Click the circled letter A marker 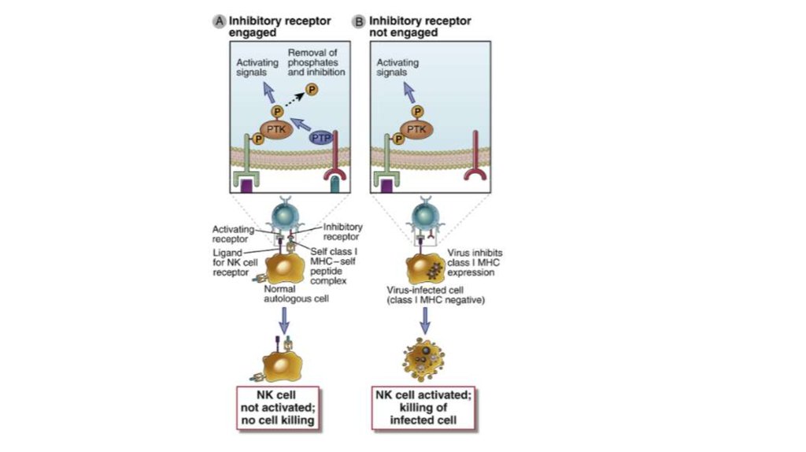(219, 21)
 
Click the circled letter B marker (360, 21)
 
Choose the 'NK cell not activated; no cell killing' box (279, 408)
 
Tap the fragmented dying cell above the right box (424, 361)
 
